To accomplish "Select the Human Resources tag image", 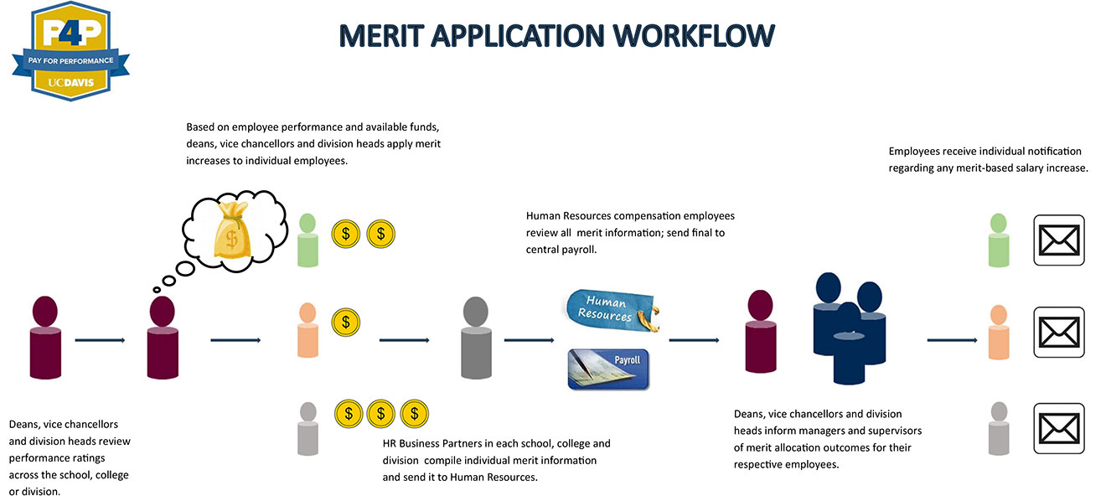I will click(610, 309).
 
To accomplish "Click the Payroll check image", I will click(608, 369).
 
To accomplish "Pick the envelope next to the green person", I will click(1058, 240).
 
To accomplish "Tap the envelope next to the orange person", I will click(1058, 332).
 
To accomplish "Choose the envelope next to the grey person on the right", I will click(1058, 428).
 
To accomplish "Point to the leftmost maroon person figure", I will click(45, 338).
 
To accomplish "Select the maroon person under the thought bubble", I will click(163, 338).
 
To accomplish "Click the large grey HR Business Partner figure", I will click(475, 338).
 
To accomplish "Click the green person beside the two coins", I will click(308, 240).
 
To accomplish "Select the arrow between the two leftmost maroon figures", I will click(100, 340).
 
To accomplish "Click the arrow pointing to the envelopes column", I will click(953, 340).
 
